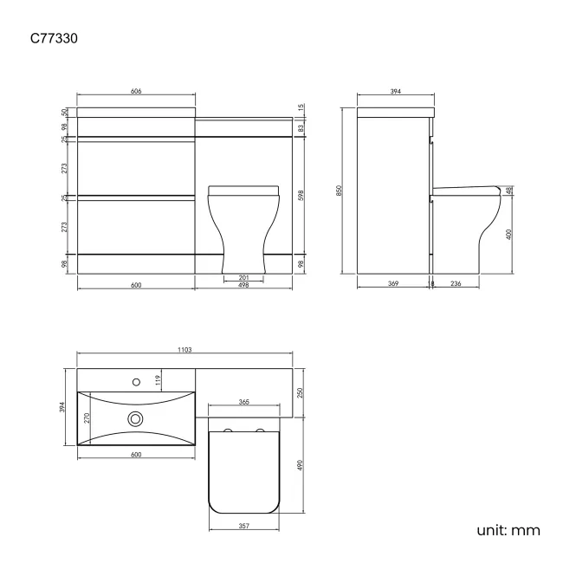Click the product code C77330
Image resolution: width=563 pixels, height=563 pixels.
[x=58, y=38]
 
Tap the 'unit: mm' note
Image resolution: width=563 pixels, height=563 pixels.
[x=508, y=529]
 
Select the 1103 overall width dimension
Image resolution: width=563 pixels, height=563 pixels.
[x=186, y=349]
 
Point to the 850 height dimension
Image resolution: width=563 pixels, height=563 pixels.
[x=340, y=190]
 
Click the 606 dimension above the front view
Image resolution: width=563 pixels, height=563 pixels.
[x=136, y=90]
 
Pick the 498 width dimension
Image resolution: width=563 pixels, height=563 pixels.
[x=243, y=285]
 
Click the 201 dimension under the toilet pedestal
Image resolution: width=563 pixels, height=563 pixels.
[x=243, y=276]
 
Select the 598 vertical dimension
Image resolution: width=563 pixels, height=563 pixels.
[x=301, y=195]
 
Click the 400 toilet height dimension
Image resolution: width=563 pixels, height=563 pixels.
[x=510, y=233]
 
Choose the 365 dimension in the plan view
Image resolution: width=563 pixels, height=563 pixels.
[x=244, y=402]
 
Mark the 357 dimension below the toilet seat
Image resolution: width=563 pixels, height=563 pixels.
[x=244, y=526]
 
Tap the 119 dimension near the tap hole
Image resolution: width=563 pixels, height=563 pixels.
[x=159, y=379]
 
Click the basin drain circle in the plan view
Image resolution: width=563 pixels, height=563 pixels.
[x=134, y=418]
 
